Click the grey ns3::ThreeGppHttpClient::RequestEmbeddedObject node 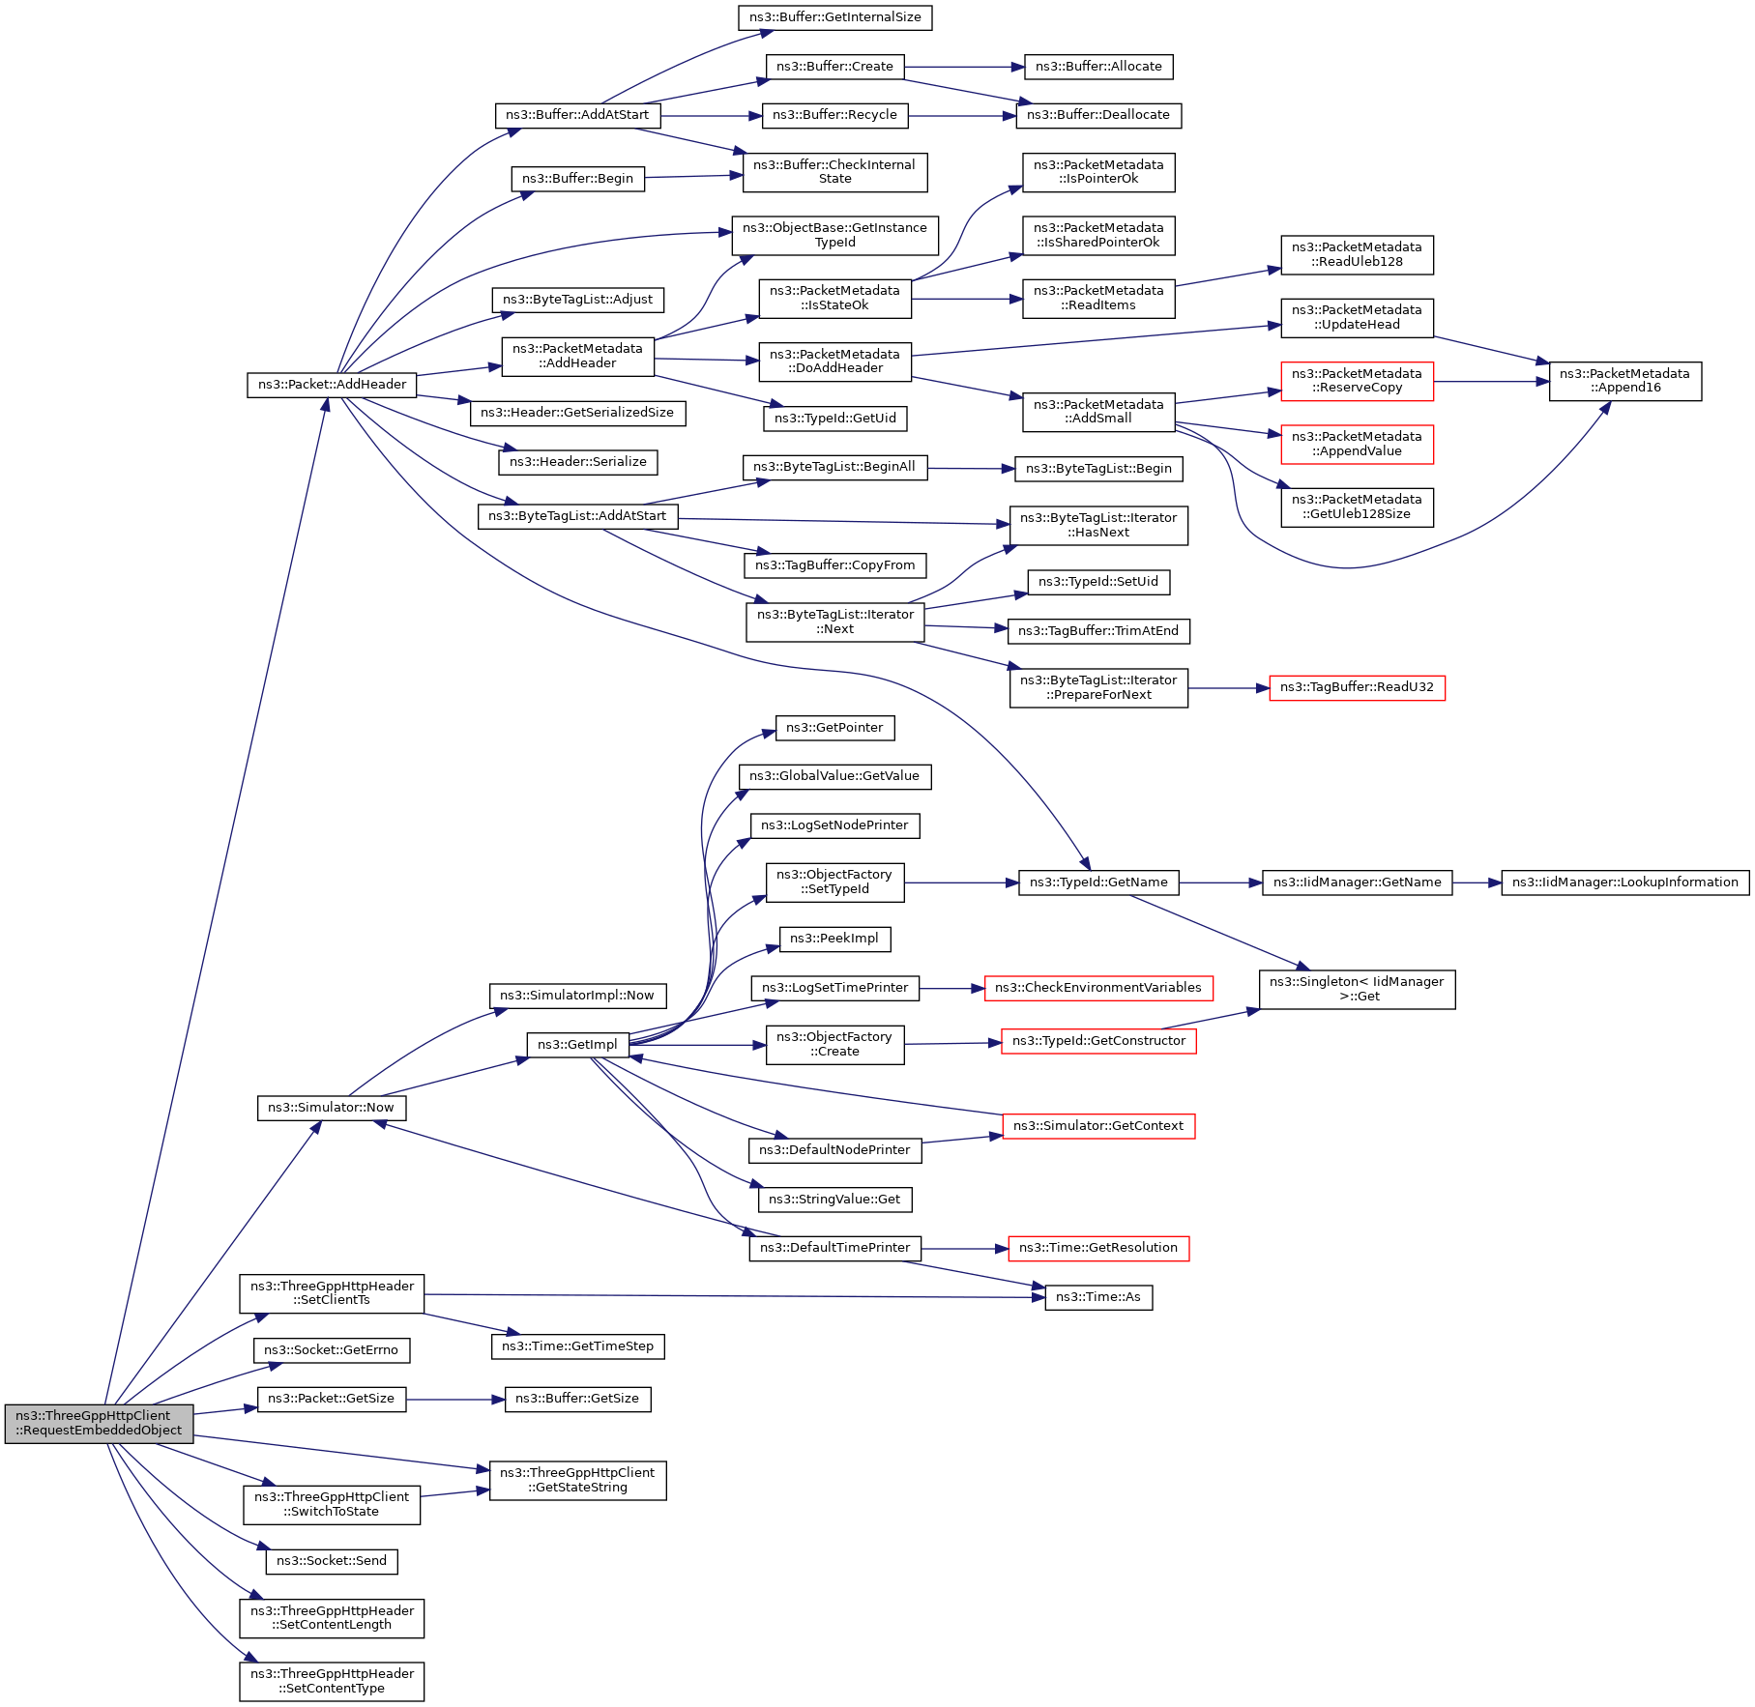[99, 1423]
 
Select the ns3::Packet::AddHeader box [332, 385]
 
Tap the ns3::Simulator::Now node [331, 1108]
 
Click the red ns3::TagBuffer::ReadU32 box [1357, 687]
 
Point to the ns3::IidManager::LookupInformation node [1624, 882]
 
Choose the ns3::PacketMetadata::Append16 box [1624, 381]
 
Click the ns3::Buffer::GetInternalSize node [834, 17]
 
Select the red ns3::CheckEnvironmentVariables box [1097, 988]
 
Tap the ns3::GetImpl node [577, 1045]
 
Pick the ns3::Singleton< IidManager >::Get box [1357, 989]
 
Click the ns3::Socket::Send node [332, 1561]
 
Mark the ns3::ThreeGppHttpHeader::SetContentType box [332, 1681]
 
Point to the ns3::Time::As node [1098, 1297]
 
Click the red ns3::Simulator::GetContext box [1098, 1126]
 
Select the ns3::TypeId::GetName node [1098, 882]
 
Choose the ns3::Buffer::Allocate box [1098, 67]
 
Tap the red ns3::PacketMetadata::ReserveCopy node [1357, 381]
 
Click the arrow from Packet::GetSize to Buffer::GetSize [454, 1399]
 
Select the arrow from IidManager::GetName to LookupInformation [1477, 882]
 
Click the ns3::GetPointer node [834, 728]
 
